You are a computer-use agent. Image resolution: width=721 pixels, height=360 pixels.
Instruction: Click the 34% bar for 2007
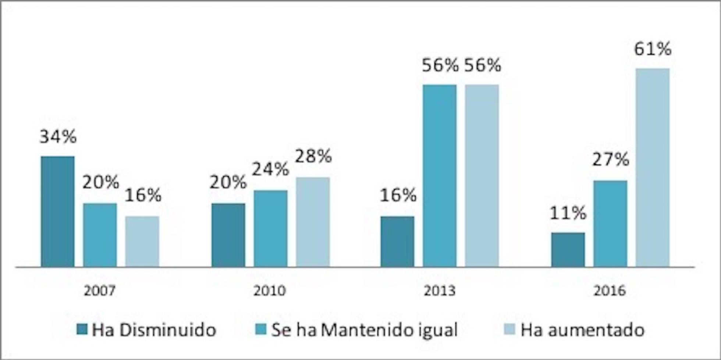[58, 211]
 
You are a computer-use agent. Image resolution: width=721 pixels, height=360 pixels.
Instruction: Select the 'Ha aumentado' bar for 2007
[142, 241]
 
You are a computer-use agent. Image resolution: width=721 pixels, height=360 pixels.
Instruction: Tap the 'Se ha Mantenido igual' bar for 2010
[270, 228]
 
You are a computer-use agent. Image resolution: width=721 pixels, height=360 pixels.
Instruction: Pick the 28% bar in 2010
[313, 222]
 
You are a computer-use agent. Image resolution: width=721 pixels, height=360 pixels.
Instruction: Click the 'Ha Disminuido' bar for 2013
[397, 241]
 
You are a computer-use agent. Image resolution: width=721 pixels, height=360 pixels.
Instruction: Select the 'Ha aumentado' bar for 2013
[482, 175]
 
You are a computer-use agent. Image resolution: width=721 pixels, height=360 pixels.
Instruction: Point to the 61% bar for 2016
[653, 167]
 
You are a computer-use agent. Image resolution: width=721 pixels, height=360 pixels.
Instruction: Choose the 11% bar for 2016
[568, 249]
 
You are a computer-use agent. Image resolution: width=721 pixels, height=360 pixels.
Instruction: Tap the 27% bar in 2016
[610, 224]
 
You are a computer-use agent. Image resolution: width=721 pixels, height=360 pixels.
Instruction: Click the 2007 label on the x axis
[100, 291]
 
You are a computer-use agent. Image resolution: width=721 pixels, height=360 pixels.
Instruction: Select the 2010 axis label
[270, 291]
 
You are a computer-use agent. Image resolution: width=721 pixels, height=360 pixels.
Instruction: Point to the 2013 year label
[440, 291]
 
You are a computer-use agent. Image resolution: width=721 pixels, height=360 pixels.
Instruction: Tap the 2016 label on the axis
[610, 291]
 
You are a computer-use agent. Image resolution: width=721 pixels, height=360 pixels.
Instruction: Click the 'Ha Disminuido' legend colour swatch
[82, 329]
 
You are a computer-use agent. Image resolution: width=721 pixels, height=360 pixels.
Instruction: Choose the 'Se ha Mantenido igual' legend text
[364, 330]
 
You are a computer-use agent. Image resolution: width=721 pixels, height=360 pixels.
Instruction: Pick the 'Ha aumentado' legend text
[582, 330]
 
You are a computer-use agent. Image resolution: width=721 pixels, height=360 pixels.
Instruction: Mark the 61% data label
[653, 49]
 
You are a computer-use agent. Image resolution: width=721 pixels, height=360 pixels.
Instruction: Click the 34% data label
[58, 137]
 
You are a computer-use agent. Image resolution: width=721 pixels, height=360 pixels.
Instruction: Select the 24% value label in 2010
[270, 170]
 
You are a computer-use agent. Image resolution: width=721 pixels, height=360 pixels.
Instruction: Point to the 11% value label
[568, 213]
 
